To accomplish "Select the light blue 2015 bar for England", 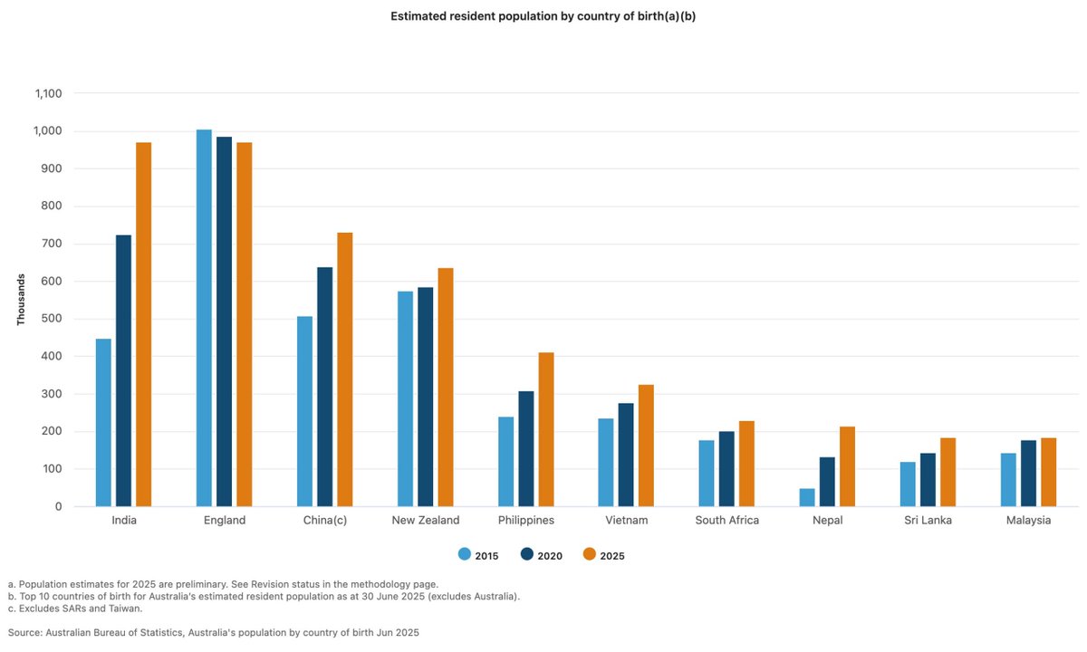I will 204,318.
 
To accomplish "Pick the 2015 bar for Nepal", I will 807,497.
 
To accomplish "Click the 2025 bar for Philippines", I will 545,429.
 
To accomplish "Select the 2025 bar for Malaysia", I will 1048,472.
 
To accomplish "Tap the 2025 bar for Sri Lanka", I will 948,472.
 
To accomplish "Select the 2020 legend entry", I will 542,555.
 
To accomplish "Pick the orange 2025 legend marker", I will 589,555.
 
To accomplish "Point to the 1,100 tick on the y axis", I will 47,93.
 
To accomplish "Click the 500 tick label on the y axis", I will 53,319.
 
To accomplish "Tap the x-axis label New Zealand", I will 425,521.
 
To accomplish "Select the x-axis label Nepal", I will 827,521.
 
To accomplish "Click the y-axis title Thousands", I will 20,300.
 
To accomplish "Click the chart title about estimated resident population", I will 543,16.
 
